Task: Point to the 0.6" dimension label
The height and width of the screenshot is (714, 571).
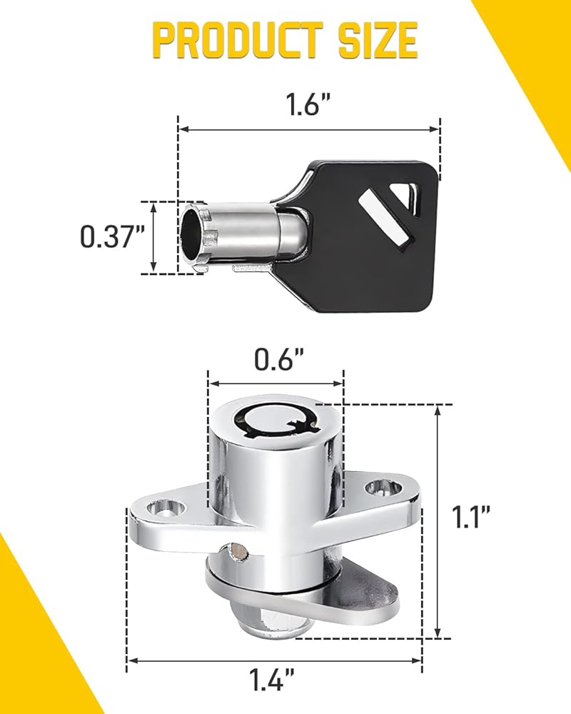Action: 279,359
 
